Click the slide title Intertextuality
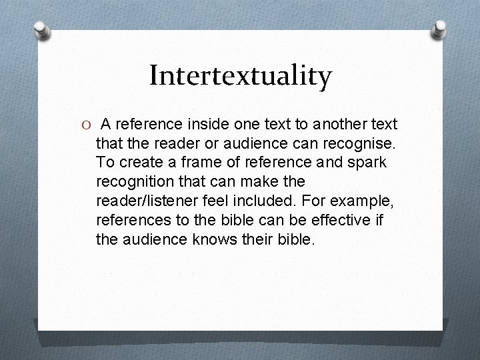click(240, 76)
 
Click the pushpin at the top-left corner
click(42, 30)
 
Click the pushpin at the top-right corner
click(440, 29)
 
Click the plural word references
click(132, 219)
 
